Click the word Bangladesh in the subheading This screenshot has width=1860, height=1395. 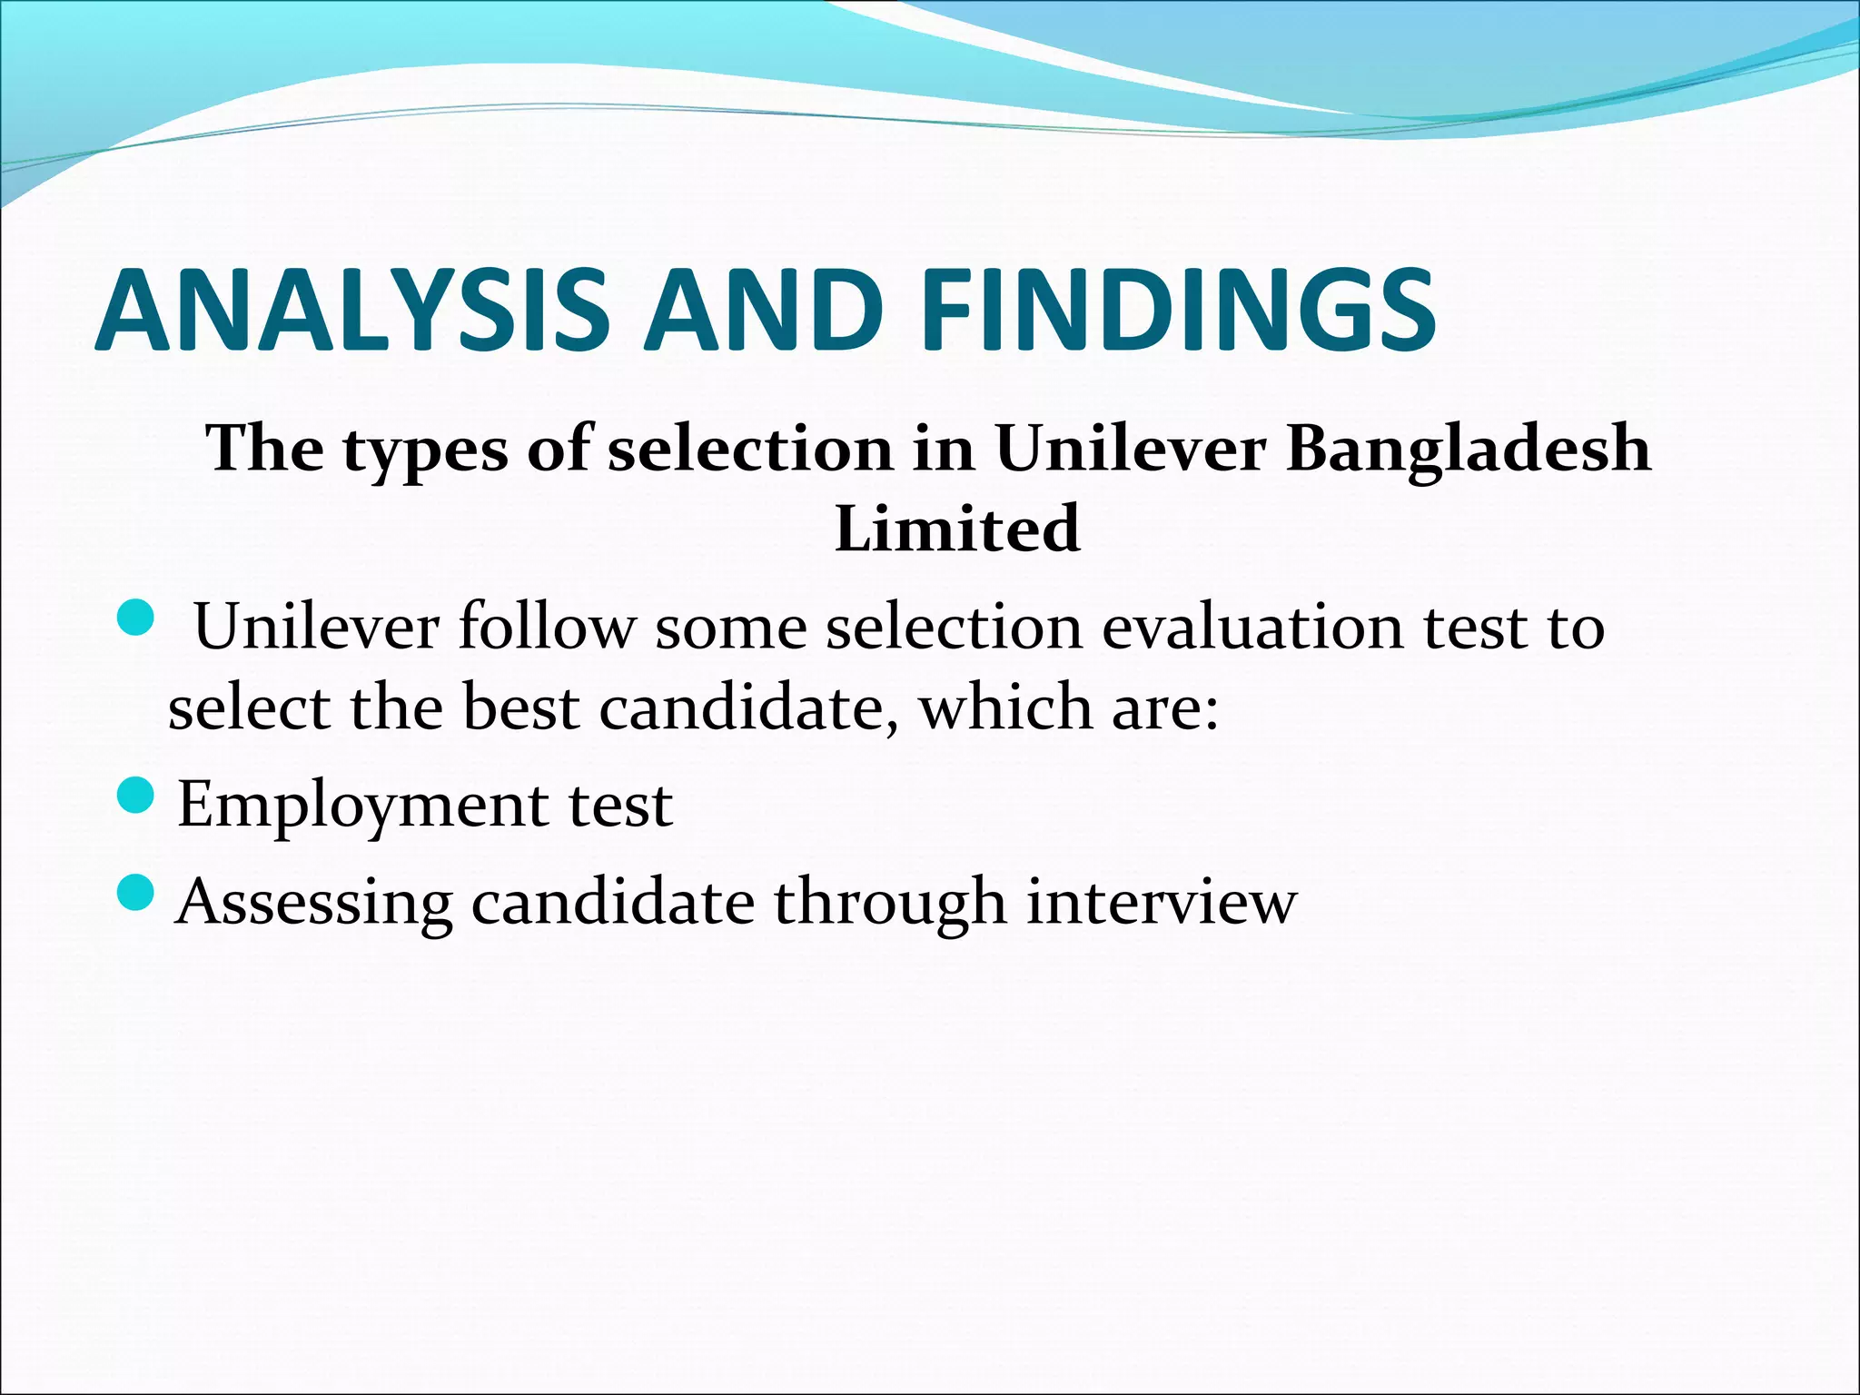tap(1469, 450)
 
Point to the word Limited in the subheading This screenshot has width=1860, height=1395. tap(957, 529)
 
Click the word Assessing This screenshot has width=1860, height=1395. tap(314, 904)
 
